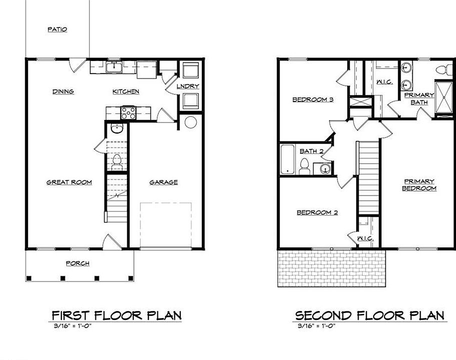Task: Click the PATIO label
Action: (57, 29)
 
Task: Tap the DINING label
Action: (63, 91)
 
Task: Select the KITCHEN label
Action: (125, 91)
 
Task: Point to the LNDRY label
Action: (188, 86)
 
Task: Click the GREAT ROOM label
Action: (69, 182)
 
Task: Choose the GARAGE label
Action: (163, 182)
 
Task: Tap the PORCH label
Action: (77, 263)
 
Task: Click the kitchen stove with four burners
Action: (129, 113)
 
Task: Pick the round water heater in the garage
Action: (190, 122)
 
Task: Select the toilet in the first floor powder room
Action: (117, 161)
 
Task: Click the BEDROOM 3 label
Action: (313, 99)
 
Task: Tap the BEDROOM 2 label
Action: (317, 212)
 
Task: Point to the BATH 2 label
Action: (312, 151)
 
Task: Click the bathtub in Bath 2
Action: (289, 159)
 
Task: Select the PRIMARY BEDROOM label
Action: (419, 185)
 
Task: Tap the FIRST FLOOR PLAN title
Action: (116, 315)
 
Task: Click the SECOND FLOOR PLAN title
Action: (369, 315)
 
